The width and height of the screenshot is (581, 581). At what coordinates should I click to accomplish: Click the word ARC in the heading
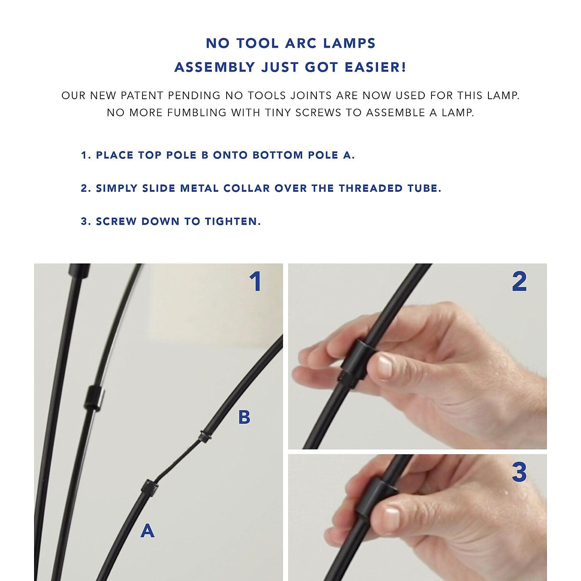pyautogui.click(x=300, y=43)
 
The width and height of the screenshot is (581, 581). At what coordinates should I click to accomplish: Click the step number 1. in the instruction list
pyautogui.click(x=86, y=155)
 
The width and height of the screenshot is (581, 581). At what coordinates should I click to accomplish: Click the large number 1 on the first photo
pyautogui.click(x=255, y=282)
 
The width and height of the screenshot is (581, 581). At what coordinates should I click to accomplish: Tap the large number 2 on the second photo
pyautogui.click(x=519, y=282)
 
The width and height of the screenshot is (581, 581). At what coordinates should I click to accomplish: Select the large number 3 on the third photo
pyautogui.click(x=519, y=472)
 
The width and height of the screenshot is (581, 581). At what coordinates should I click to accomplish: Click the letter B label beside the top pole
pyautogui.click(x=244, y=417)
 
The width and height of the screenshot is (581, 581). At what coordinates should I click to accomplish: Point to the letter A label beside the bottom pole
pyautogui.click(x=148, y=530)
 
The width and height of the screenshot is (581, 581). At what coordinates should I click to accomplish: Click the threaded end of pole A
pyautogui.click(x=150, y=486)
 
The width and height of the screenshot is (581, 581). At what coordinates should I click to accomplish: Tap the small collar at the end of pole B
pyautogui.click(x=204, y=437)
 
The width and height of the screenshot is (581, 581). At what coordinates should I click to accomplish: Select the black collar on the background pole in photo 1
pyautogui.click(x=93, y=398)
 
